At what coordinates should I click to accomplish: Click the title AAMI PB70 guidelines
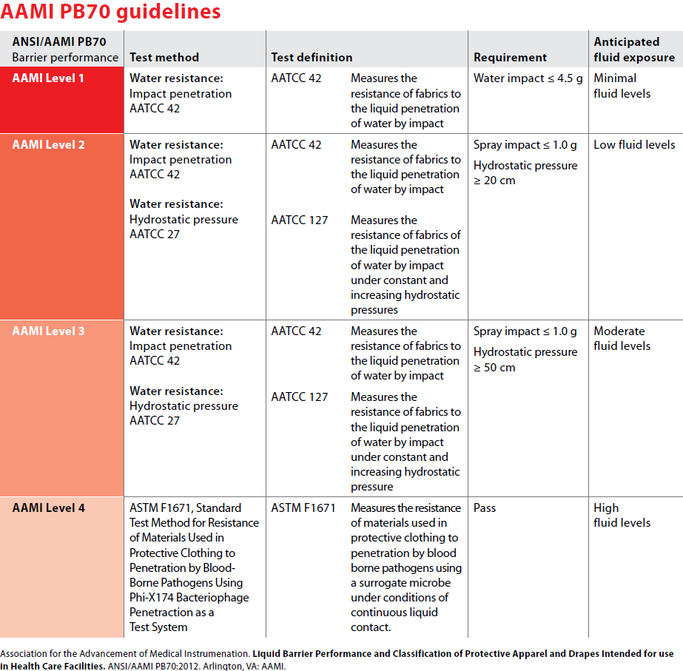(x=111, y=13)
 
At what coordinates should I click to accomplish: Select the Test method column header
(x=164, y=57)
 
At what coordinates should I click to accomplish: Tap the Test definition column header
(x=312, y=57)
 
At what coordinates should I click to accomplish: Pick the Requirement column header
(x=510, y=57)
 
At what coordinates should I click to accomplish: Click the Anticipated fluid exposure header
(x=633, y=50)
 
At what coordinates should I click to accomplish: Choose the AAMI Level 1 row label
(x=48, y=78)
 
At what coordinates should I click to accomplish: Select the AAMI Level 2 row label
(x=48, y=144)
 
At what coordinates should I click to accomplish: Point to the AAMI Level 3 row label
(x=48, y=331)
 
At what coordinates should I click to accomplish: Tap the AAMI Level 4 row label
(x=48, y=508)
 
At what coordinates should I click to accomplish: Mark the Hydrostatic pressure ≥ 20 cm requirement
(x=525, y=173)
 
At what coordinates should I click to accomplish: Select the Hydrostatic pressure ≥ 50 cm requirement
(x=525, y=360)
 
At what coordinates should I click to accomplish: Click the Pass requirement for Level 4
(x=485, y=508)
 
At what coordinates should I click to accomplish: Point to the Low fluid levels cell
(x=634, y=144)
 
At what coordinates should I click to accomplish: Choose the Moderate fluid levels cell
(x=622, y=338)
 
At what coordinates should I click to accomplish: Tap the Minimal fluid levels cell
(x=622, y=86)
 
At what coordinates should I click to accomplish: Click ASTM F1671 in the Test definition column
(x=303, y=508)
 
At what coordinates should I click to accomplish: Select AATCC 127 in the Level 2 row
(x=299, y=220)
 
